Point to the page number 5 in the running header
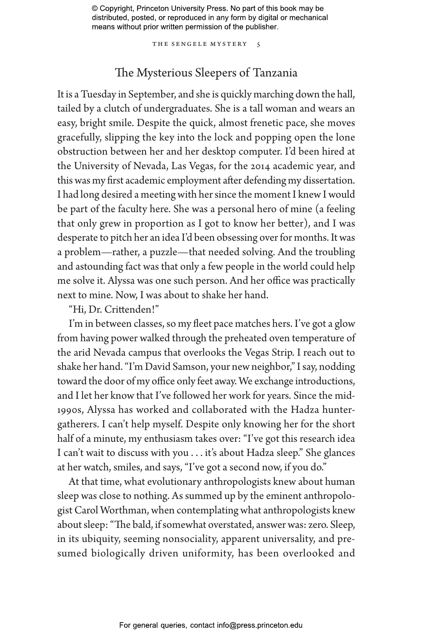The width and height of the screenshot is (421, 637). pyautogui.click(x=258, y=44)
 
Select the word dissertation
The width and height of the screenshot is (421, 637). pyautogui.click(x=329, y=180)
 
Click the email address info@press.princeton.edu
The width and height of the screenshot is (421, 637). pyautogui.click(x=259, y=625)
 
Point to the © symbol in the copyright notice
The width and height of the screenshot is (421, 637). pyautogui.click(x=95, y=9)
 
